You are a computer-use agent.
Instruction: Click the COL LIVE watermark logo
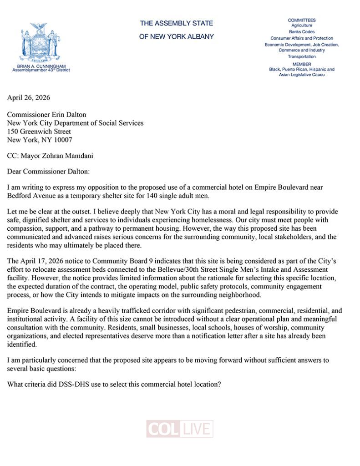tap(180, 429)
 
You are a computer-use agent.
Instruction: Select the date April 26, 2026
tap(29, 98)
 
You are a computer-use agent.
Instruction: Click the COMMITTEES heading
tap(301, 20)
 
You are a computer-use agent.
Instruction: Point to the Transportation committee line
tap(301, 56)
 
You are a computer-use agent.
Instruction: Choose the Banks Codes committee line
tap(301, 32)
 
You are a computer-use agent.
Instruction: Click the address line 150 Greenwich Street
tap(39, 132)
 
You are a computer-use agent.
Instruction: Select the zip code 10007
tap(63, 140)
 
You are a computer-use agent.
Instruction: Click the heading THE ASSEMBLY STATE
tap(176, 23)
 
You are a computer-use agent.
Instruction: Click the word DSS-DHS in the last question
tap(77, 383)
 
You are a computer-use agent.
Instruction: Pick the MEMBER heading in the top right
tap(301, 64)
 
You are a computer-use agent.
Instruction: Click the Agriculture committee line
tap(301, 26)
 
